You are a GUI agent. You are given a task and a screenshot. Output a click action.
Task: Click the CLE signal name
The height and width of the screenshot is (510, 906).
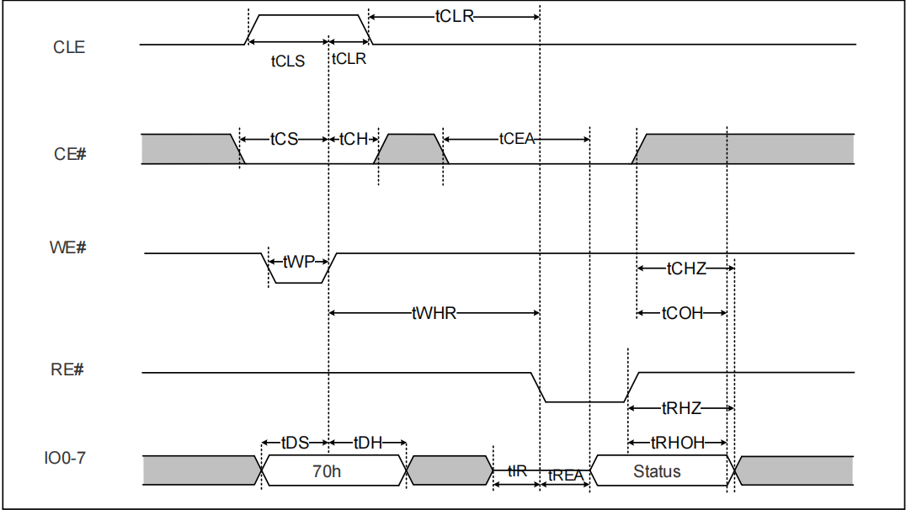coord(69,47)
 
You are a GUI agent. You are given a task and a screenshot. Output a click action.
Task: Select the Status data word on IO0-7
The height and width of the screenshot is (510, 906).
coord(657,471)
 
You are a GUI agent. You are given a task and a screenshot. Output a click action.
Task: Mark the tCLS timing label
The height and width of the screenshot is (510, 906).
coord(287,61)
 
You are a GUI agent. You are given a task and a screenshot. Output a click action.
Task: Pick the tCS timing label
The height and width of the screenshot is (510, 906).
coord(284,139)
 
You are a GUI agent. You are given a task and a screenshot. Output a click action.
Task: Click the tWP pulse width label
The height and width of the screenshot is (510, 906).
coord(298,262)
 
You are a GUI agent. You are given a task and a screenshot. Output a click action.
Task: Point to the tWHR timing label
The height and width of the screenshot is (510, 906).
coord(434,313)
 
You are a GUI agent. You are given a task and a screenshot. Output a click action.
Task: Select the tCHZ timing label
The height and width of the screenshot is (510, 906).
coord(686,268)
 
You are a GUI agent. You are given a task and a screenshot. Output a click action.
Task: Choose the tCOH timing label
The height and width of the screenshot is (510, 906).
coord(682,313)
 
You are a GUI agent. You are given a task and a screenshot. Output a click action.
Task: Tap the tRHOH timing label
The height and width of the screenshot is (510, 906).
coord(679,443)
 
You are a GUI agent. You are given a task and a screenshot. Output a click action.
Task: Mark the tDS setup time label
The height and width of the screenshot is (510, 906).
coord(295,443)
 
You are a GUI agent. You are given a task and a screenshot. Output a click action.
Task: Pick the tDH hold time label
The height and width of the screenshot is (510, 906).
coord(367,443)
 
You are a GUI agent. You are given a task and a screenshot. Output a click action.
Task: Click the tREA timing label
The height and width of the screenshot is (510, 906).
coord(566,475)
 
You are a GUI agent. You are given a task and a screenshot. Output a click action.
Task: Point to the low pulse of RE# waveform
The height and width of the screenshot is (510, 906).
coord(584,401)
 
